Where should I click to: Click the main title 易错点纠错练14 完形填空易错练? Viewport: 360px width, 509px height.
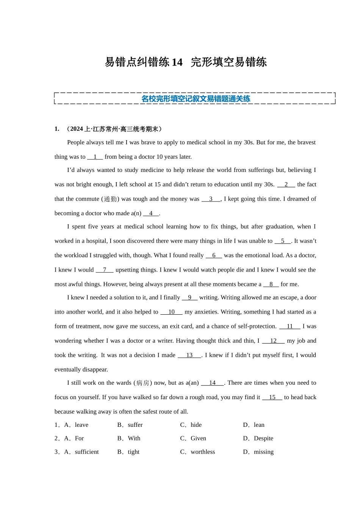[x=186, y=62]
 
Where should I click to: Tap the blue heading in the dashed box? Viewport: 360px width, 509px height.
[x=196, y=99]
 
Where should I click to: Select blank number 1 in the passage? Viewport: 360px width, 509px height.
[x=95, y=157]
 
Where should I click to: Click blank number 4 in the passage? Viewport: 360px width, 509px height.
[x=151, y=213]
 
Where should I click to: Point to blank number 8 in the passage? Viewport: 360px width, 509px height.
[x=271, y=284]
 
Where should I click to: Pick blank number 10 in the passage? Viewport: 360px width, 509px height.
[x=171, y=312]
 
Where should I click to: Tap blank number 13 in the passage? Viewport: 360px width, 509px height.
[x=189, y=355]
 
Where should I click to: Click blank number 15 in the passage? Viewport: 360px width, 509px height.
[x=272, y=397]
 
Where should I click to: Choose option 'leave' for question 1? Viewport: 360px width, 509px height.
[x=81, y=425]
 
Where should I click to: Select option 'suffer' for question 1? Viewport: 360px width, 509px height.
[x=135, y=425]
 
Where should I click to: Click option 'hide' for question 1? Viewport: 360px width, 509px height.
[x=196, y=425]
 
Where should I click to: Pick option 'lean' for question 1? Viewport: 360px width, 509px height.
[x=259, y=425]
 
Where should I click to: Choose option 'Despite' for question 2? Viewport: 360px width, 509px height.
[x=263, y=439]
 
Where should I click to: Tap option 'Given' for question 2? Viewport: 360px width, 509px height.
[x=198, y=439]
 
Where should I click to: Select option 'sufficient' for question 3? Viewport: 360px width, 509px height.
[x=87, y=452]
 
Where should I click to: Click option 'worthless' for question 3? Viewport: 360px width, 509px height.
[x=203, y=452]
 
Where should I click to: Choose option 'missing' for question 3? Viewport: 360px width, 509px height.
[x=264, y=452]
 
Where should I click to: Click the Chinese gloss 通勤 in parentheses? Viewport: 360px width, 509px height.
[x=110, y=199]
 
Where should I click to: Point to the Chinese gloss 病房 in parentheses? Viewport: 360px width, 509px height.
[x=142, y=383]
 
